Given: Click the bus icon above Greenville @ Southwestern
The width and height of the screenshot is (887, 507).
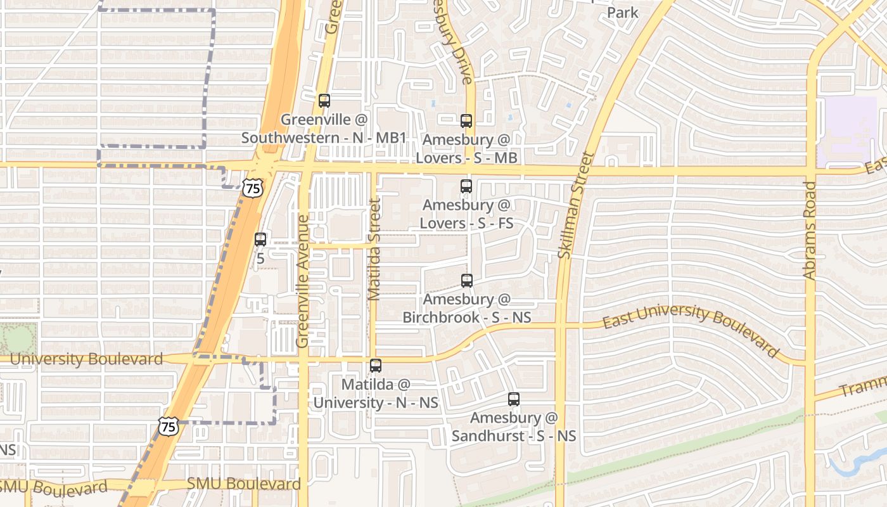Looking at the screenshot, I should pos(324,100).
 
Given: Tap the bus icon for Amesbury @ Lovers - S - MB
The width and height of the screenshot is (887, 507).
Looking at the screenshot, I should pos(466,120).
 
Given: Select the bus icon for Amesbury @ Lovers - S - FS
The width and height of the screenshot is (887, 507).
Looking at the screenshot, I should pos(466,186).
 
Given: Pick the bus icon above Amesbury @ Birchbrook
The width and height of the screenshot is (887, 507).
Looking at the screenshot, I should pos(467,280).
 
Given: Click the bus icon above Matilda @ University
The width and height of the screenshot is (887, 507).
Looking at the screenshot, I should pos(376,366).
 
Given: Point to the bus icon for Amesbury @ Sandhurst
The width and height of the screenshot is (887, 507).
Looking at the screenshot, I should pos(514,399).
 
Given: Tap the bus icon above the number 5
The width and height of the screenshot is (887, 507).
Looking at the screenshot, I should pos(260,240).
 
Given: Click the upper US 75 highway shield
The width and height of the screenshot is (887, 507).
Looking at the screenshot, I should pos(253,188).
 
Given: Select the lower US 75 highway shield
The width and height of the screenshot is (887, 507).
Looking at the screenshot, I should pos(169,427).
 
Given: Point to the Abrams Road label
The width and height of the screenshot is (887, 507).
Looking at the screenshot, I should pos(810,231).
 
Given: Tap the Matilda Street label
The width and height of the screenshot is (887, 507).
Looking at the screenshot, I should pos(374,249).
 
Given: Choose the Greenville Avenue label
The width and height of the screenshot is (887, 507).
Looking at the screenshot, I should pos(303,281).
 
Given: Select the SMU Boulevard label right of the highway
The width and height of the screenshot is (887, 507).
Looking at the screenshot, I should pos(243,484).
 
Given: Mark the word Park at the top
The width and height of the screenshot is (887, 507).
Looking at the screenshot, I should pos(623,13).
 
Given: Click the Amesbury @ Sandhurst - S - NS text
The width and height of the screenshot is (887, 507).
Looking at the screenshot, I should pos(514,427).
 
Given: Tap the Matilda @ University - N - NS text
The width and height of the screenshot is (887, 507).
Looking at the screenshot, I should pos(376,394).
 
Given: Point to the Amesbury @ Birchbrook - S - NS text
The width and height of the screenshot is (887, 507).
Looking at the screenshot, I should pos(467,308).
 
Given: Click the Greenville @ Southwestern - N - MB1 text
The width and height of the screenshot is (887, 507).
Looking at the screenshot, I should pos(324,129).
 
